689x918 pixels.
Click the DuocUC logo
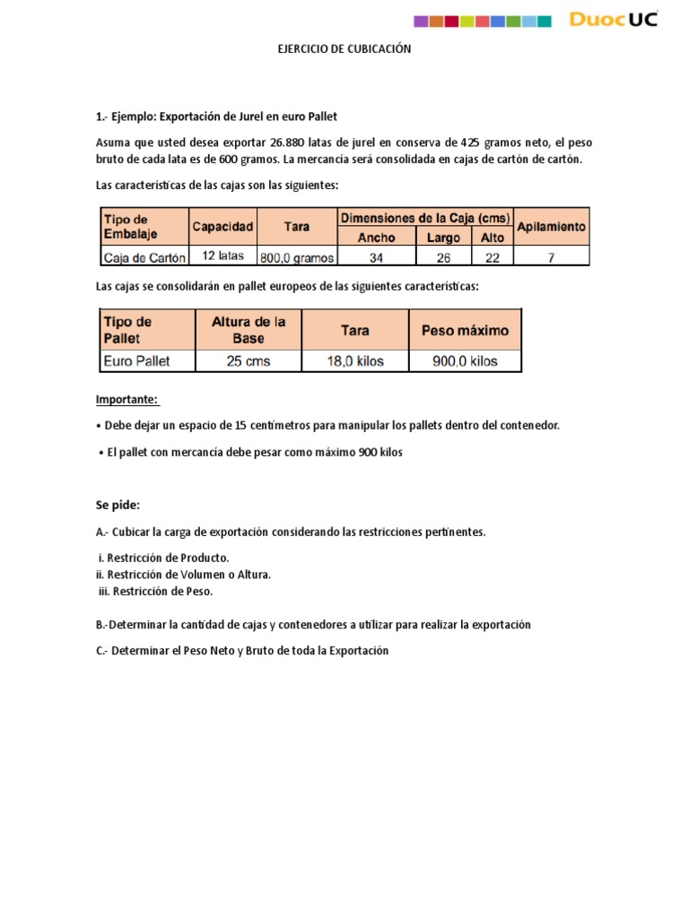click(x=614, y=20)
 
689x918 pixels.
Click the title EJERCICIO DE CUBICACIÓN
click(x=344, y=49)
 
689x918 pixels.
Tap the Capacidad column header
click(x=222, y=227)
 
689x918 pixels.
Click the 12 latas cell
click(x=222, y=256)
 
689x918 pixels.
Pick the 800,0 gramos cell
click(x=296, y=257)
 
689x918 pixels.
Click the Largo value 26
click(x=445, y=257)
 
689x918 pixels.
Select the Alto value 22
click(x=492, y=257)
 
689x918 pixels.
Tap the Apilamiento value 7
click(x=551, y=257)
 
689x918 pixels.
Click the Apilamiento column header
click(x=551, y=227)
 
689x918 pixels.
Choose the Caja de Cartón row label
click(x=144, y=257)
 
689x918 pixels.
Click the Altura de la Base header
click(x=249, y=330)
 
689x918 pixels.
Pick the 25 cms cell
click(x=249, y=361)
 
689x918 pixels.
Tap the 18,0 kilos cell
click(x=355, y=361)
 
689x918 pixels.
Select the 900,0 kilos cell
click(x=464, y=361)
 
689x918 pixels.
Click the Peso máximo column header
click(x=464, y=330)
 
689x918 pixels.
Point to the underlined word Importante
click(x=126, y=399)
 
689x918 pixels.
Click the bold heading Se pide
click(x=118, y=505)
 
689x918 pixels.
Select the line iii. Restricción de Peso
click(x=156, y=591)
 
